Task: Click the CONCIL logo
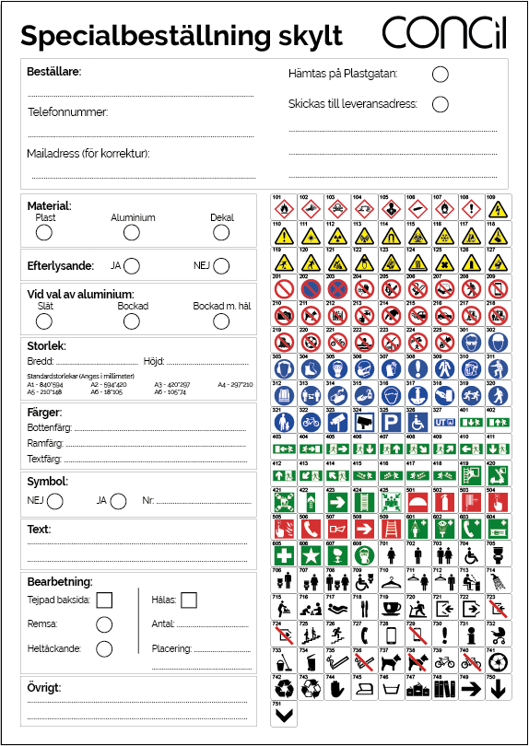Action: [444, 33]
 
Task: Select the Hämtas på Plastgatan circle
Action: [441, 74]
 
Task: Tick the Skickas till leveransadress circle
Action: [441, 104]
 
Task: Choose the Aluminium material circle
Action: [132, 233]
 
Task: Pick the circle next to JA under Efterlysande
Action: [132, 266]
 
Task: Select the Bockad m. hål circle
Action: [221, 321]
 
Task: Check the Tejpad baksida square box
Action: [104, 600]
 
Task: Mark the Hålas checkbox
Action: [189, 600]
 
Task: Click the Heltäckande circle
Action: [104, 648]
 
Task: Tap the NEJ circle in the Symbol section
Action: [55, 501]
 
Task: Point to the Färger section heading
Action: [44, 412]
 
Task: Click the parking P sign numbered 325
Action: [390, 423]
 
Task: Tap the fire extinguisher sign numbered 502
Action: [443, 502]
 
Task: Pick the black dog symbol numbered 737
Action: [390, 661]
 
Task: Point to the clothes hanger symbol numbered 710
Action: [390, 582]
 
